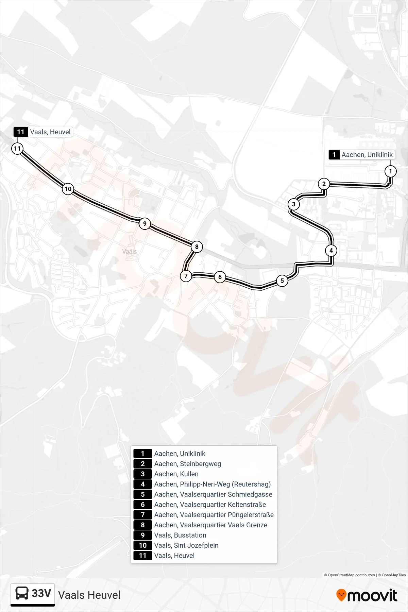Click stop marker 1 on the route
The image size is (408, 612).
390,171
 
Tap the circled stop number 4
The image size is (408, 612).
331,251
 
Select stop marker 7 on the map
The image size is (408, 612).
186,276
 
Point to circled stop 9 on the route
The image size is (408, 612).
145,223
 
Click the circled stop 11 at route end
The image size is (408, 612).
17,148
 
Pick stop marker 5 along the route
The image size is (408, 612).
282,280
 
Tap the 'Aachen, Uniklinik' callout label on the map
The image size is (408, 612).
362,155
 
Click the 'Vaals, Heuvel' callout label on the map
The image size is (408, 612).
43,132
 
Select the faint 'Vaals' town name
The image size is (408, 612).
130,252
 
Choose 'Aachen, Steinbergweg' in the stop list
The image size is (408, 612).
188,464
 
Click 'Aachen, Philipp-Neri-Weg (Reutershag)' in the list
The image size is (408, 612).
213,484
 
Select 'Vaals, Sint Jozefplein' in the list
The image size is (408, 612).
186,545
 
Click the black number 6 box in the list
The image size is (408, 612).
143,505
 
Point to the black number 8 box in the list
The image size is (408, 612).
143,525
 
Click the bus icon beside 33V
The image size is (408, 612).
22,593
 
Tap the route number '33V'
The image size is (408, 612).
41,593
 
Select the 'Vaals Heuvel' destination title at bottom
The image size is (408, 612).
89,595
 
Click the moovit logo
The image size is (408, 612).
367,595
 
